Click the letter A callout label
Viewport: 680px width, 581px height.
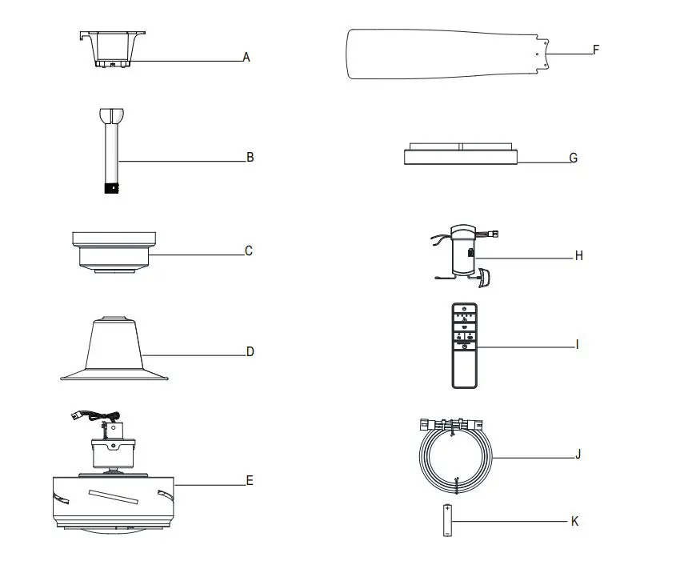click(x=246, y=58)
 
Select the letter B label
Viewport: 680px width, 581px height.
click(x=250, y=158)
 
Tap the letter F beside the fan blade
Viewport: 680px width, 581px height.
click(x=595, y=50)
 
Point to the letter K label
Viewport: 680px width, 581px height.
click(x=574, y=521)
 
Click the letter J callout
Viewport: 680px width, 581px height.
click(x=578, y=454)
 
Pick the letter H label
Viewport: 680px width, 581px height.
click(x=578, y=256)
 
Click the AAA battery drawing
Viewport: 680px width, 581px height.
click(x=446, y=520)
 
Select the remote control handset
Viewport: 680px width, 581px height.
click(x=465, y=346)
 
